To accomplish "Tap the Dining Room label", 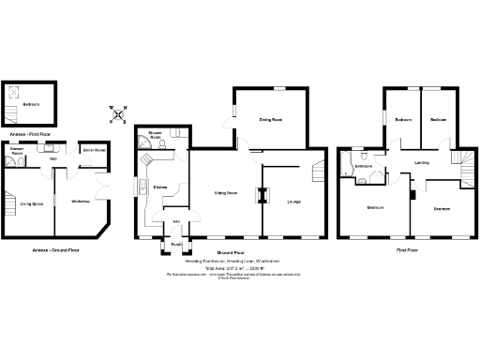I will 271,120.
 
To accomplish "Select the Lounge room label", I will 293,202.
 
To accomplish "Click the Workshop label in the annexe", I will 80,202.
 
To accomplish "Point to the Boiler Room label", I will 94,150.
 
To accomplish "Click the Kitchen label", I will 160,187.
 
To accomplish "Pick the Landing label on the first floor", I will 422,162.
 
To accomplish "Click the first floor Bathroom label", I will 364,167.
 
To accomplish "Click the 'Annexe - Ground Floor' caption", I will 53,251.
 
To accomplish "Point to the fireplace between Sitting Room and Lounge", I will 262,195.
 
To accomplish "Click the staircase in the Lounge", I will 317,171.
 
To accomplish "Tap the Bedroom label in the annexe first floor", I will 31,103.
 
